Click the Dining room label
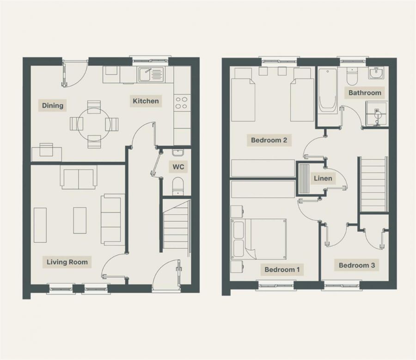point(53,106)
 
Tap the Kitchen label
point(146,101)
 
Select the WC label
point(177,166)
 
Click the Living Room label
point(67,262)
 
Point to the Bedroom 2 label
point(269,140)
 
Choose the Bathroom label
point(365,93)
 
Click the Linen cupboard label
point(322,178)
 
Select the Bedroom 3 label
point(357,265)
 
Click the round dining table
point(94,124)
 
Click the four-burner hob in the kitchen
point(182,102)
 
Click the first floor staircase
point(373,184)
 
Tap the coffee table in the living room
point(80,220)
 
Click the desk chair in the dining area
point(47,149)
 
